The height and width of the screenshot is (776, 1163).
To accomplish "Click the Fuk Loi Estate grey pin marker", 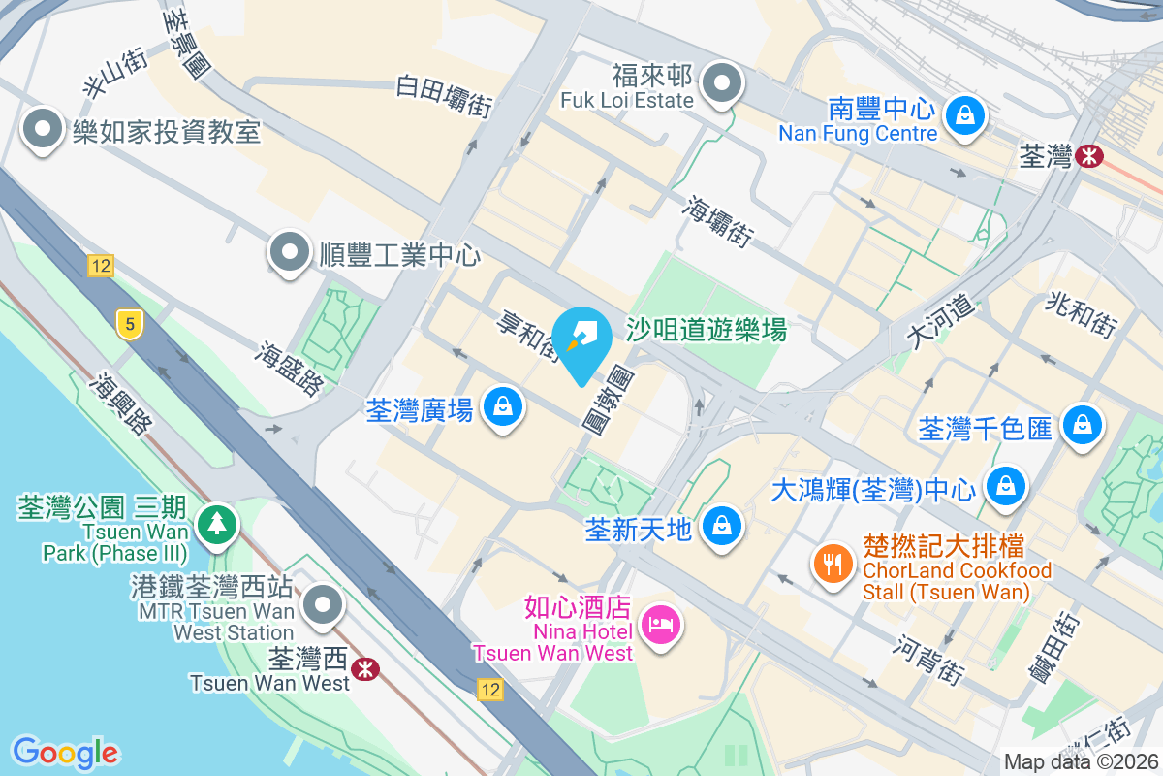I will (x=721, y=83).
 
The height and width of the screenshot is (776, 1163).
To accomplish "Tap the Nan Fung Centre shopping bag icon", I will (x=966, y=116).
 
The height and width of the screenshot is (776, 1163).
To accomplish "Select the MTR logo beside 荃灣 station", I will (x=1090, y=155).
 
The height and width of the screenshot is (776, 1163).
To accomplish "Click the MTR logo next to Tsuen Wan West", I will (x=365, y=668).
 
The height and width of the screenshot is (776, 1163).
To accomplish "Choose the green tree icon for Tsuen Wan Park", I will (x=217, y=525).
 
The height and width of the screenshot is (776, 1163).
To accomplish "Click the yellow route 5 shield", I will (x=128, y=324).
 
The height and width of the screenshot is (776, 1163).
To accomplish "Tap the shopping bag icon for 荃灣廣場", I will (x=503, y=407).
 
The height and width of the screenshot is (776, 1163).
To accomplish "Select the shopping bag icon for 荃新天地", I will (x=721, y=527).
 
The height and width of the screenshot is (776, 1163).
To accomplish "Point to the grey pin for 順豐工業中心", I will (x=289, y=253).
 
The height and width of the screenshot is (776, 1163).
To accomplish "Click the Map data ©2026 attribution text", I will (x=1080, y=762).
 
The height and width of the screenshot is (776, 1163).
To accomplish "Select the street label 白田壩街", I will (x=445, y=97).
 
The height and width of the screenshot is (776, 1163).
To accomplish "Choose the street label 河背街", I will (x=929, y=659).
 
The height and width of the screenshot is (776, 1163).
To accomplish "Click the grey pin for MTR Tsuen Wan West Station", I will (x=322, y=606).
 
